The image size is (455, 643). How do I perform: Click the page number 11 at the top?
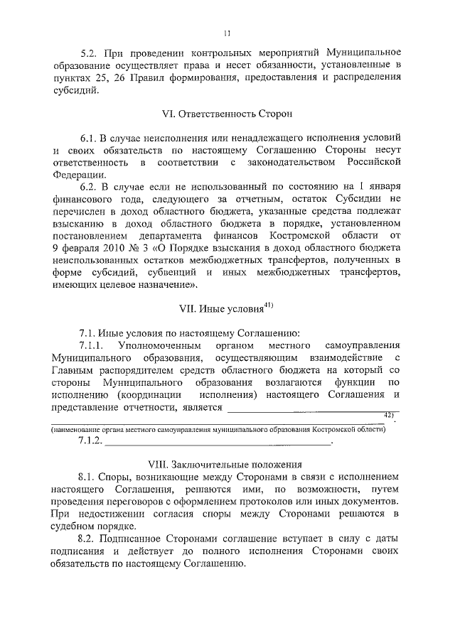227,33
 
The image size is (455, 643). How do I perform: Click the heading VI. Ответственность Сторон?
227,114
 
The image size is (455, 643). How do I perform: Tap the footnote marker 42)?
388,414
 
